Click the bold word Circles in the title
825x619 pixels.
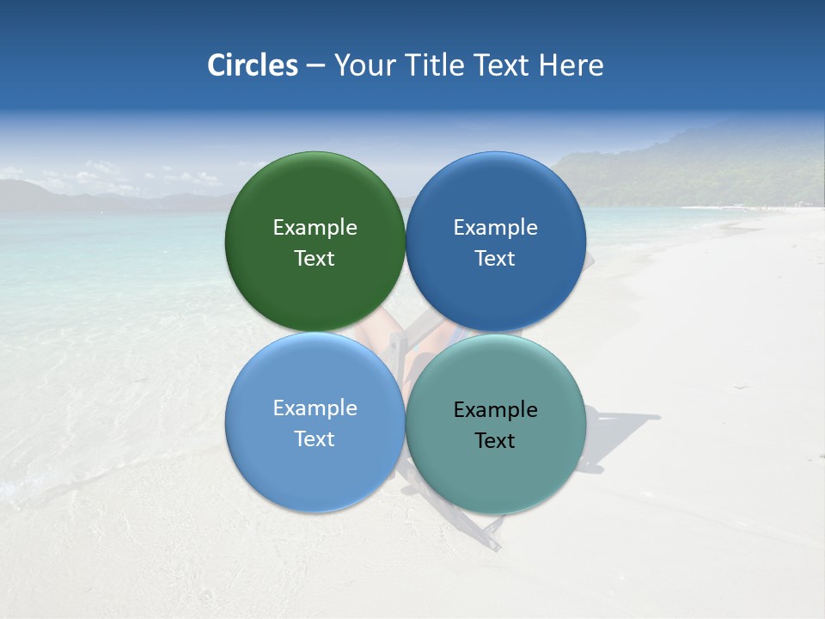point(253,65)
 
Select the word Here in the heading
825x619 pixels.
point(571,65)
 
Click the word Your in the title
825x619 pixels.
point(363,65)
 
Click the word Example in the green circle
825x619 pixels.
point(315,227)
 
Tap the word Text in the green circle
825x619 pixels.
point(315,258)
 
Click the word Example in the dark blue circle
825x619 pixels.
point(495,227)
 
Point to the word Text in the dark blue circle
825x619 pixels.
point(495,258)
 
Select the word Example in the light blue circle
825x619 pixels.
point(315,408)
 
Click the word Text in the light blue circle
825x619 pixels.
point(315,438)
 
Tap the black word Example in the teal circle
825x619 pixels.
point(495,409)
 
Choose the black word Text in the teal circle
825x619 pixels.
point(495,440)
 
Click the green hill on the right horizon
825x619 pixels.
point(705,172)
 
